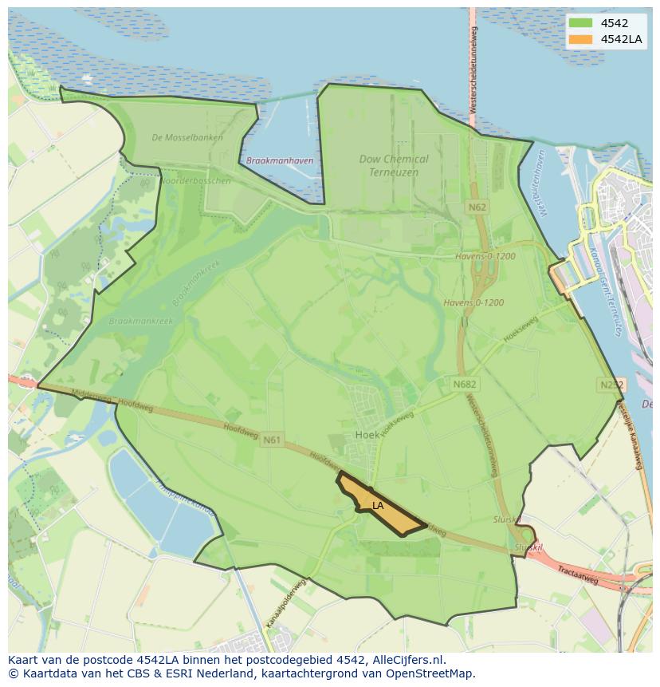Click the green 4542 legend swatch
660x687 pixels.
point(580,23)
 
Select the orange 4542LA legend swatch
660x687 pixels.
point(580,39)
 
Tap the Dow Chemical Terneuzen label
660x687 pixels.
point(393,165)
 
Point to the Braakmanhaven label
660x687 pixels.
point(280,160)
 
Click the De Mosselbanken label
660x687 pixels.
point(187,137)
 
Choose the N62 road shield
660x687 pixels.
point(477,207)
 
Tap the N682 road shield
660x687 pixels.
point(464,385)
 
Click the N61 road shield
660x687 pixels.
point(272,439)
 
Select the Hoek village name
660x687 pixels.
point(367,435)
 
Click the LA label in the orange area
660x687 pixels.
point(378,505)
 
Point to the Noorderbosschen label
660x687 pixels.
point(196,181)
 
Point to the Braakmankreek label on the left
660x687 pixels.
point(140,321)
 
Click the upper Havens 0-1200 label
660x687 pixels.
point(485,257)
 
